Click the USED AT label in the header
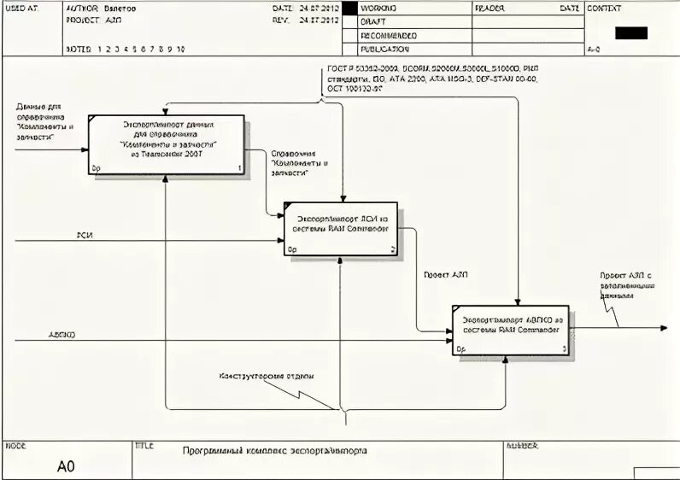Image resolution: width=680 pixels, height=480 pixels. (x=22, y=9)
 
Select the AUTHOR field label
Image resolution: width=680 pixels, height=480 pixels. (x=82, y=9)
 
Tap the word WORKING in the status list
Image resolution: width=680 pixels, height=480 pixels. (x=378, y=9)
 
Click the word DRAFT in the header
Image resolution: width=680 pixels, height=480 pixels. (x=372, y=22)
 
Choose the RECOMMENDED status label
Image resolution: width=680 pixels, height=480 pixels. (x=389, y=36)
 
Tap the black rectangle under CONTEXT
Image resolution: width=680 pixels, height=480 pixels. (x=630, y=33)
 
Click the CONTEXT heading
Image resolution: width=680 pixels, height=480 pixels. (x=604, y=9)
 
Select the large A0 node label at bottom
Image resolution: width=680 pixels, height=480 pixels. (x=66, y=466)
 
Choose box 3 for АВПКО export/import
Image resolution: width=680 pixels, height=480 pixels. (x=510, y=329)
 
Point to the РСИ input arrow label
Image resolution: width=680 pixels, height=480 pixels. (x=85, y=234)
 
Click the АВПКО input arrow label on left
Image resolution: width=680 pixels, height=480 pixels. (x=62, y=335)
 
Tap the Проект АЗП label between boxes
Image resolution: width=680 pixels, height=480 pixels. (x=445, y=275)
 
